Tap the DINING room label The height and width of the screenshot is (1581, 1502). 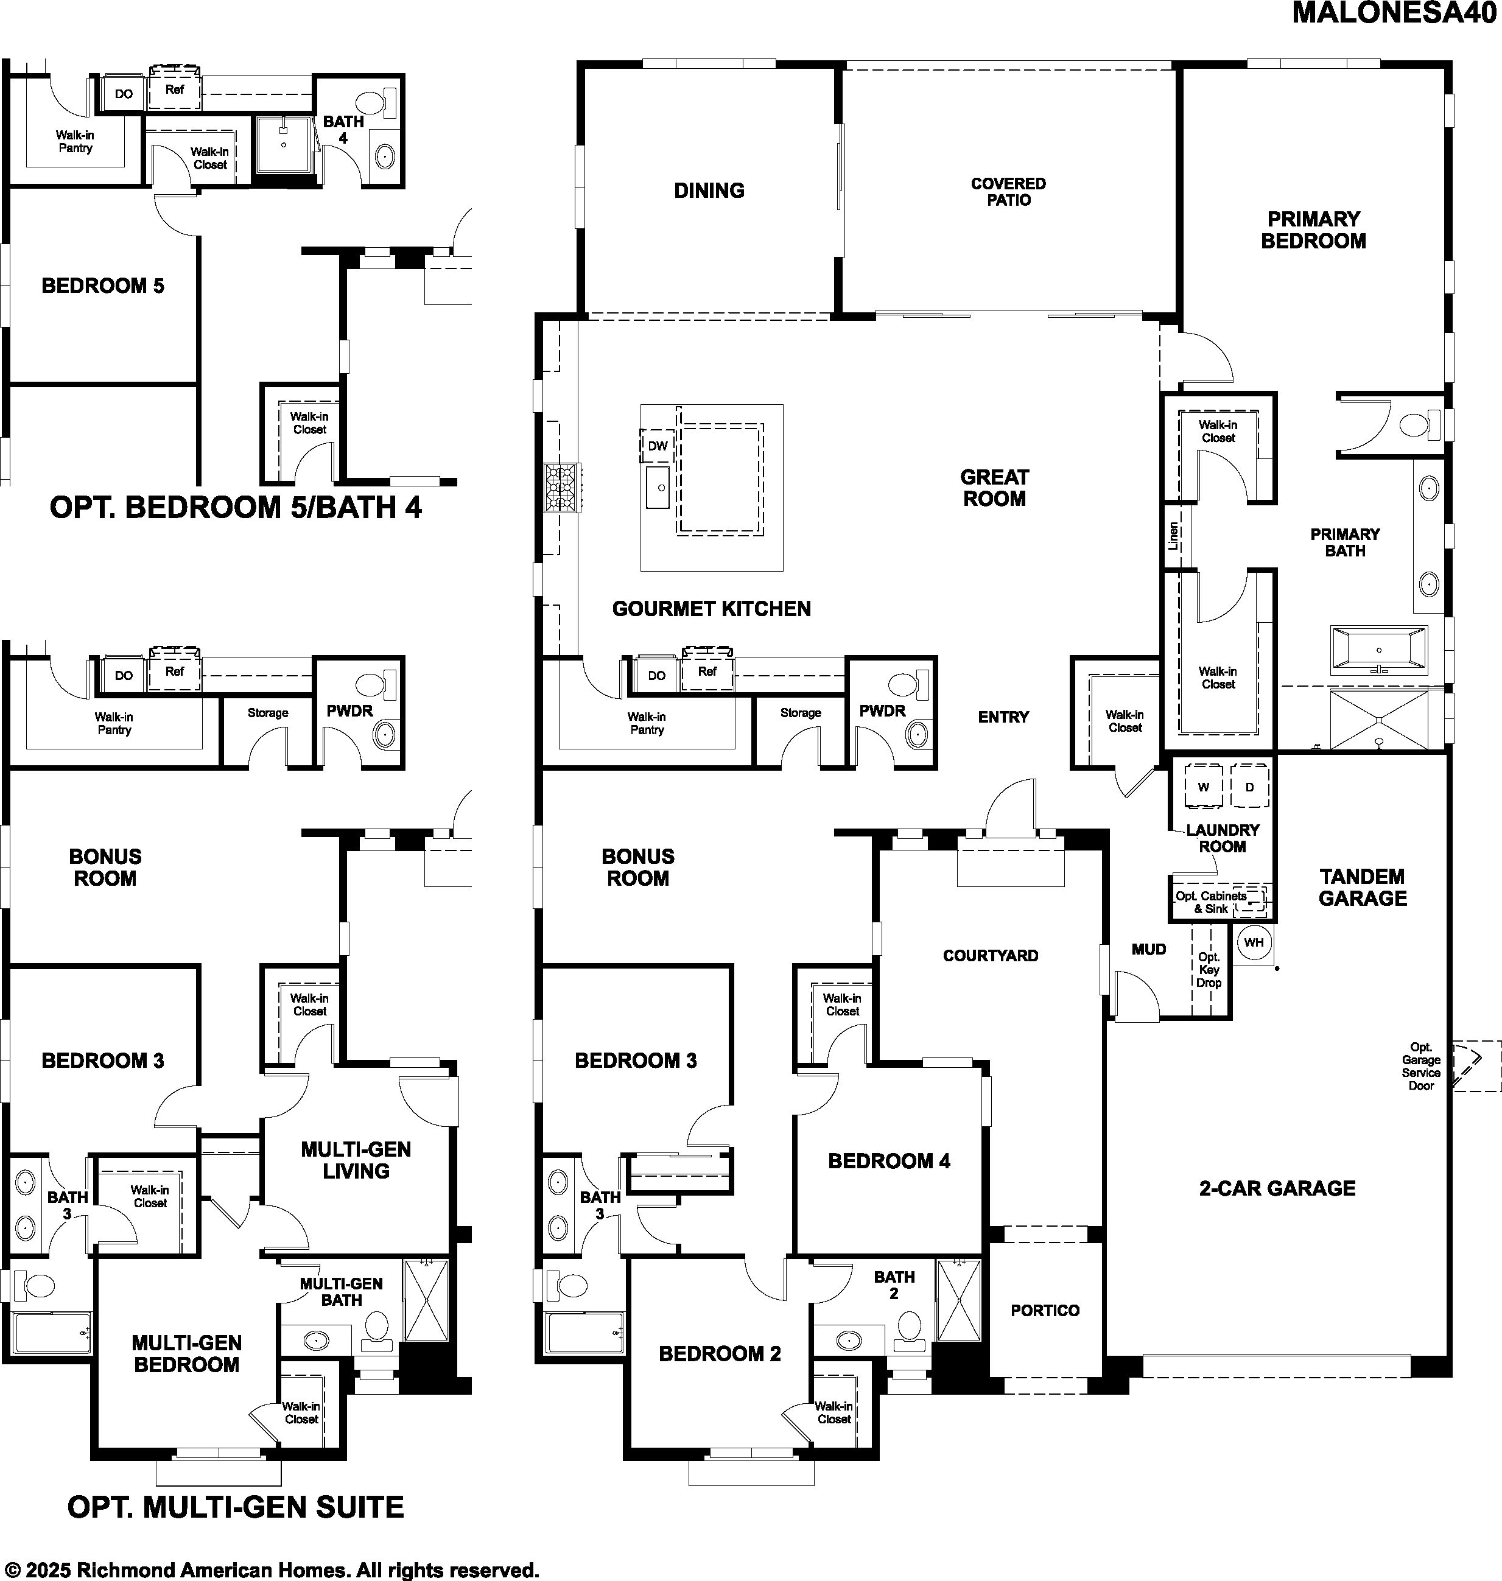pos(709,191)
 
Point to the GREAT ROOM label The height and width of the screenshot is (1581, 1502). pos(994,488)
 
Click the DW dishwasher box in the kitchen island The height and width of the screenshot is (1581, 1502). pos(658,446)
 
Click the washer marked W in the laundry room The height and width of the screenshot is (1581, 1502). pos(1203,787)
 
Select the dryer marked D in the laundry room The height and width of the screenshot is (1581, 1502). pos(1250,787)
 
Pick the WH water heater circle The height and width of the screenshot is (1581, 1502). pos(1254,942)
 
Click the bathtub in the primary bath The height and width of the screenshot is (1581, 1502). pos(1378,648)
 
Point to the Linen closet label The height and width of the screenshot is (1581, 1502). pos(1174,536)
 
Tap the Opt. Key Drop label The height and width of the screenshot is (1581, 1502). pos(1209,969)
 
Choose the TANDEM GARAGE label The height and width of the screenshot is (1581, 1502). pos(1363,887)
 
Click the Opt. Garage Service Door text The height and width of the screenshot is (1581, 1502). pos(1421,1065)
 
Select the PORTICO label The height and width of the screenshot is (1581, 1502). pos(1045,1311)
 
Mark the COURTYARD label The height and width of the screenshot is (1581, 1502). pos(991,955)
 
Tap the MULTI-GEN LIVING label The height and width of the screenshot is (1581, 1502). pos(356,1160)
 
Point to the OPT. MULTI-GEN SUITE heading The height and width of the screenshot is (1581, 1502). pos(236,1507)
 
